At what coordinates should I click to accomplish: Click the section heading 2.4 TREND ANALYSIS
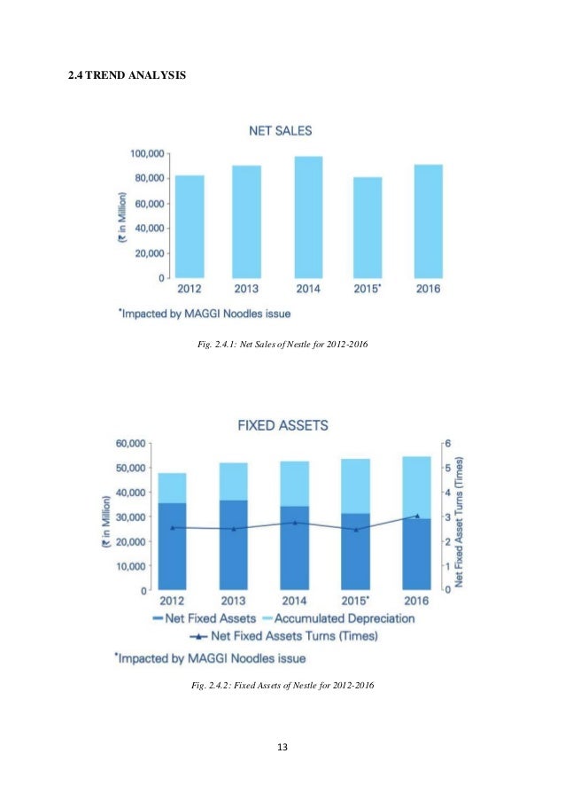[128, 75]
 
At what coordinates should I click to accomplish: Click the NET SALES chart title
[279, 131]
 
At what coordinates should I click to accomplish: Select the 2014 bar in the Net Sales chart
[308, 217]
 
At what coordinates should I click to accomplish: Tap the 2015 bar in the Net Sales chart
[368, 227]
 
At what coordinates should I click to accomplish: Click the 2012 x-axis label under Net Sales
[189, 289]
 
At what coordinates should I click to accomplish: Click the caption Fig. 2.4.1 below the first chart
[283, 343]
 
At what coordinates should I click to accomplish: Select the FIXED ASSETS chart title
[282, 425]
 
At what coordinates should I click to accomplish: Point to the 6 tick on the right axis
[448, 442]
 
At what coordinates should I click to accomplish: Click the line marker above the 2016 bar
[417, 516]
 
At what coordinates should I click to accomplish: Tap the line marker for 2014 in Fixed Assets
[295, 523]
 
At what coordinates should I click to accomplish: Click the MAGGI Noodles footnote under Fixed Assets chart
[210, 657]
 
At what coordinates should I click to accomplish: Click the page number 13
[282, 749]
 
